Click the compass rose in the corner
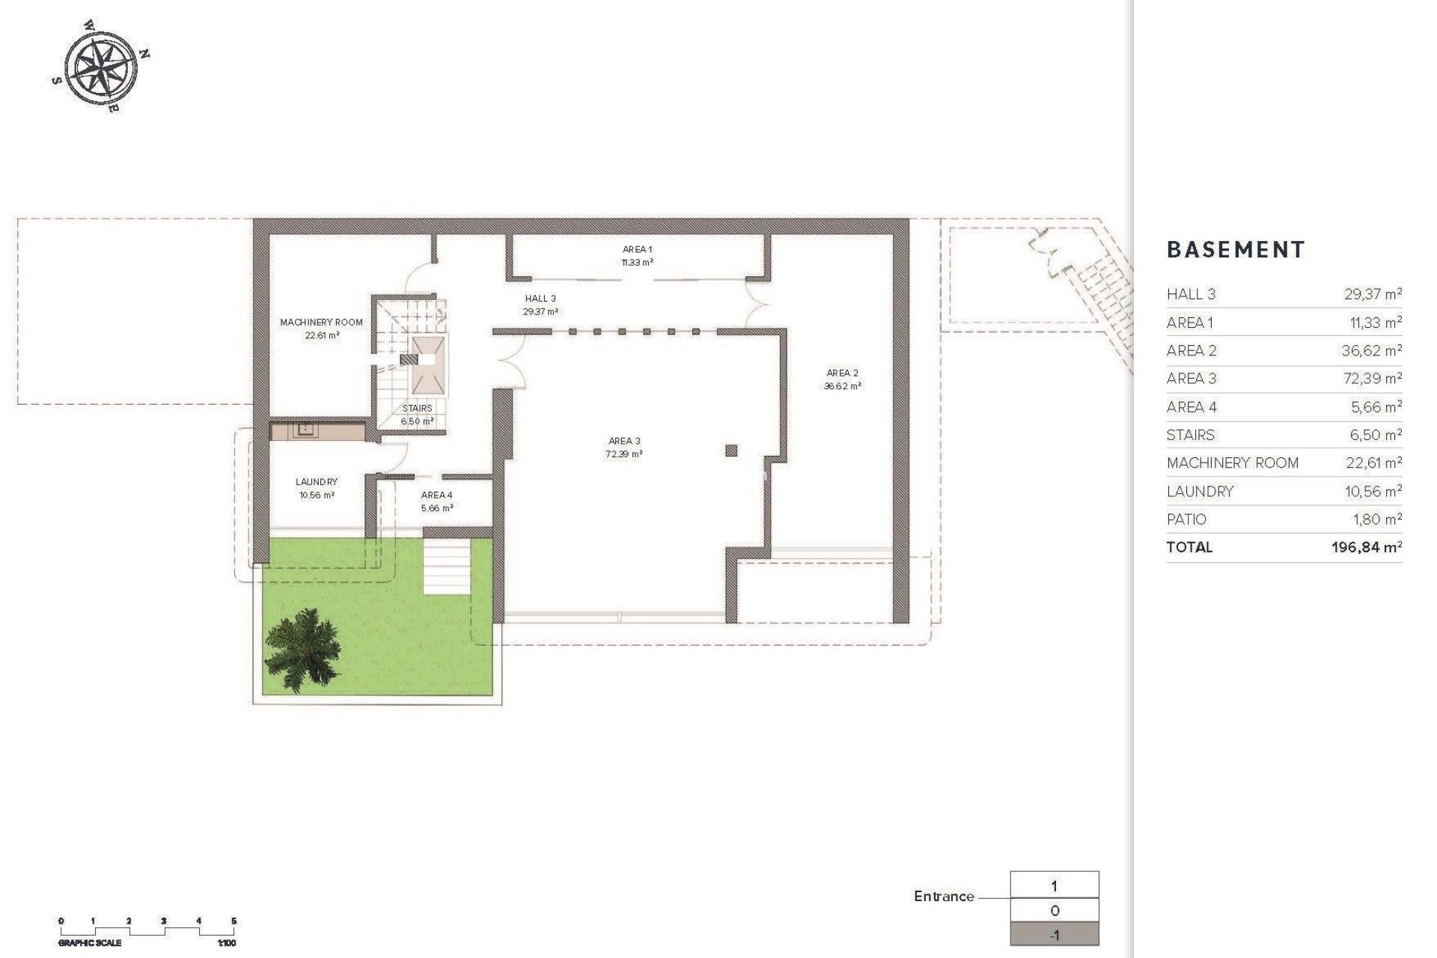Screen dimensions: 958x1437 (101, 66)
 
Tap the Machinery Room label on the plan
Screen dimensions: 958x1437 (321, 323)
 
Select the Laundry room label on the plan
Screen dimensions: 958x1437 (316, 482)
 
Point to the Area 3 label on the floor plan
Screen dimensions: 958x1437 (624, 442)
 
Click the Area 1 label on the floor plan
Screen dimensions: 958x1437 (637, 250)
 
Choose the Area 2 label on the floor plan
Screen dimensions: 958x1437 (842, 373)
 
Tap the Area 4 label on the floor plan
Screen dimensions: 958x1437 (436, 495)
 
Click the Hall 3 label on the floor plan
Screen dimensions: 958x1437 (540, 299)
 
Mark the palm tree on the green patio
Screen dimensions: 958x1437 (302, 645)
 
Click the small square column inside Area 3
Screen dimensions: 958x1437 (731, 451)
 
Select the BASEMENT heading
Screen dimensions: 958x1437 (1236, 250)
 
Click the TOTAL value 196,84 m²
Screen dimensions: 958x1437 (1366, 547)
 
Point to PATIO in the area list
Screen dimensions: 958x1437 (1186, 519)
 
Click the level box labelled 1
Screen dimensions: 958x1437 (1055, 886)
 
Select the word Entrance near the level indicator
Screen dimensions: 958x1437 (944, 897)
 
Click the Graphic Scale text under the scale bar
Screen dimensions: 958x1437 (90, 943)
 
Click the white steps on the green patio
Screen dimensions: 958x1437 (448, 567)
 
